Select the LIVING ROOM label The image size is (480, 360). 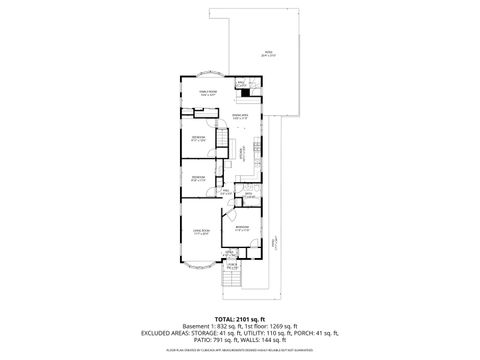pyautogui.click(x=201, y=232)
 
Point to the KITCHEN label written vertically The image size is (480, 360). pyautogui.click(x=240, y=155)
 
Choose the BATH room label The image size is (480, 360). pyautogui.click(x=249, y=194)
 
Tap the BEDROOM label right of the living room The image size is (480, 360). pyautogui.click(x=243, y=228)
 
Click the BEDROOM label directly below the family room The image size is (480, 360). pyautogui.click(x=199, y=138)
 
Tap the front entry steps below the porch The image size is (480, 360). pyautogui.click(x=232, y=280)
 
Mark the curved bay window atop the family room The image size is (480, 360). pyautogui.click(x=210, y=75)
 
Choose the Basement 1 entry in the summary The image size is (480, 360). pyautogui.click(x=198, y=325)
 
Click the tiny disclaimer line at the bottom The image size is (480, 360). pyautogui.click(x=240, y=350)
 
